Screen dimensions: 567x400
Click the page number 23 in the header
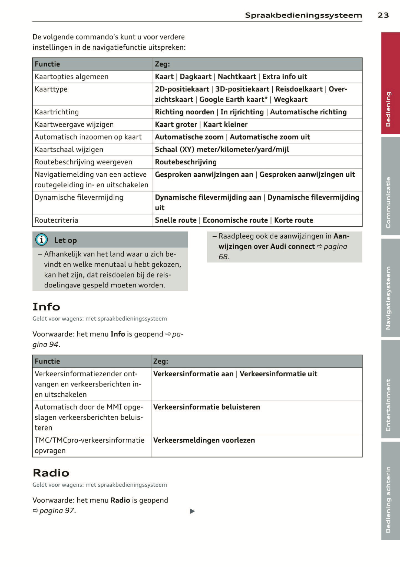pos(383,15)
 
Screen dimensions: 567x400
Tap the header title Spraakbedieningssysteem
pos(304,15)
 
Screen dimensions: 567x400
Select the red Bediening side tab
pos(390,83)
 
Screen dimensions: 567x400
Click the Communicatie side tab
pos(390,186)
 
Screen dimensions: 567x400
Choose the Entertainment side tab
pos(390,389)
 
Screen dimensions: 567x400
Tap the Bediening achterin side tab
pos(390,491)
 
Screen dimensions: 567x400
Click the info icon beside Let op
pos(42,240)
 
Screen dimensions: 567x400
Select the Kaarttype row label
pos(51,89)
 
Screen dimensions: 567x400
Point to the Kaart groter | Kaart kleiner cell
pos(201,125)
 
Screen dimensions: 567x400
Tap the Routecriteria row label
pos(56,220)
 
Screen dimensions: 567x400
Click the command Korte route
pos(294,220)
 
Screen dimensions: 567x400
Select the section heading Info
pos(46,307)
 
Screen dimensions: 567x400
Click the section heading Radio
pos(51,473)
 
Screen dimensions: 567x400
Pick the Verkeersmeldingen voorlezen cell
pos(204,440)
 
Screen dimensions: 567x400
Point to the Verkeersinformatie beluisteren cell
pos(207,407)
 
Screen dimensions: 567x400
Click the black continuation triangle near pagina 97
pos(192,511)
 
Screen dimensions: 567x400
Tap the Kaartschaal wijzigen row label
pos(69,150)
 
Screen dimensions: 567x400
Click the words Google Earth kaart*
pos(233,99)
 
